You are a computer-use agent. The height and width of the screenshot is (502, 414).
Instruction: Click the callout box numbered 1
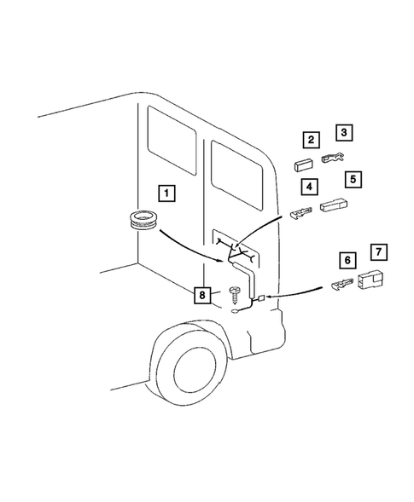pos(166,193)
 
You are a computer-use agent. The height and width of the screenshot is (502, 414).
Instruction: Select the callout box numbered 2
pos(312,140)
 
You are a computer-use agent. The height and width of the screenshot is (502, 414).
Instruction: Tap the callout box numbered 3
pos(344,132)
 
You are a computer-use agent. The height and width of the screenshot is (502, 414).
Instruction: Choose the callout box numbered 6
pos(347,259)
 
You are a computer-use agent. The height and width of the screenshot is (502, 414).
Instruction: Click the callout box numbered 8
pos(202,295)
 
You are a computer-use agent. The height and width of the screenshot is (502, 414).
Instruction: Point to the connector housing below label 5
pos(333,205)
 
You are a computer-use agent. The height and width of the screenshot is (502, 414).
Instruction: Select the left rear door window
pos(172,137)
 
